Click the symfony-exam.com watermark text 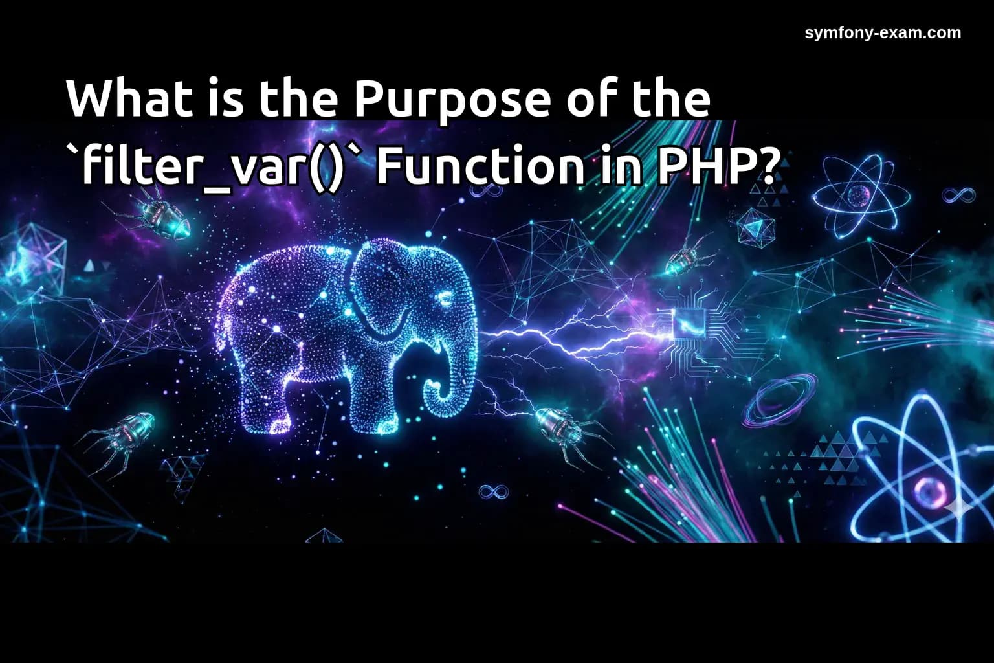click(883, 33)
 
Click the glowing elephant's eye click(445, 297)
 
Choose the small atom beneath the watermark click(859, 194)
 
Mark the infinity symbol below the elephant click(493, 492)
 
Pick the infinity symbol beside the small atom click(958, 194)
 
